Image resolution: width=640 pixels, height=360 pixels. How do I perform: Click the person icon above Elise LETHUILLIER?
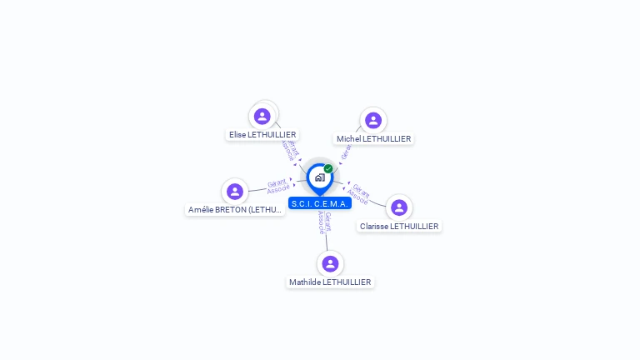[262, 116]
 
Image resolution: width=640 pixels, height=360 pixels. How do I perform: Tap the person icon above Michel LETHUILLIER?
[372, 120]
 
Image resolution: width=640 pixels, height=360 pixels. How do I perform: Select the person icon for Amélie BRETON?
[235, 192]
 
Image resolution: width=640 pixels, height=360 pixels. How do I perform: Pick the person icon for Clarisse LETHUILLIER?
[399, 207]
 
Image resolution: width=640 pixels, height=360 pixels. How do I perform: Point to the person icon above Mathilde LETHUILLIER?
[330, 263]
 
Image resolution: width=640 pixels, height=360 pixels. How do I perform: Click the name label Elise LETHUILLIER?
[262, 134]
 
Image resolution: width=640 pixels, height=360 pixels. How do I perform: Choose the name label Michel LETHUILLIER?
[373, 139]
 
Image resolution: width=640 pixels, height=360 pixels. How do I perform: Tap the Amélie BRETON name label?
[236, 210]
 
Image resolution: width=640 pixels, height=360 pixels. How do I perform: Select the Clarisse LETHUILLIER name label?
[399, 226]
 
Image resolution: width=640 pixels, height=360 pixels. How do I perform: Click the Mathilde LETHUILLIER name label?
[330, 282]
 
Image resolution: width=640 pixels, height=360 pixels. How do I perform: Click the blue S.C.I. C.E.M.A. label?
[320, 203]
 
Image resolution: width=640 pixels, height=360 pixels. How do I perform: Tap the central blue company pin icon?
[319, 177]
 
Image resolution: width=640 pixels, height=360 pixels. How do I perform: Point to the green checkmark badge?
[328, 169]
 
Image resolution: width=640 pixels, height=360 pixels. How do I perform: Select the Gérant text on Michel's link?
[347, 151]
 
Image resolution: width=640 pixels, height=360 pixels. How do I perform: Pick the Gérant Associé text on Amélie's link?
[277, 186]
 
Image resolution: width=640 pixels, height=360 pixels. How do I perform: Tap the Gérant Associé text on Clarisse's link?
[359, 193]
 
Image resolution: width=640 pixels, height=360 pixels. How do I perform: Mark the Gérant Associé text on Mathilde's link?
[324, 222]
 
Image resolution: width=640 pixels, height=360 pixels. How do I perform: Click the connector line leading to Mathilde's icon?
[327, 242]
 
